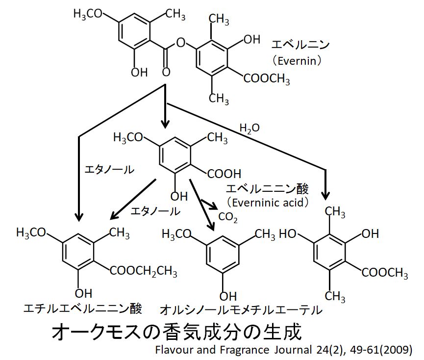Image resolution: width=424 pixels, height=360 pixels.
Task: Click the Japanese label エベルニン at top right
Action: click(300, 45)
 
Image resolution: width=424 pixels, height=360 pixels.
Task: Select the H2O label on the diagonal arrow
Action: click(249, 129)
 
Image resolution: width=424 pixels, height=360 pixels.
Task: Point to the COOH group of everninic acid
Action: click(224, 173)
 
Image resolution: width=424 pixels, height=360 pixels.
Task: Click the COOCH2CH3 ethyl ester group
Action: click(143, 271)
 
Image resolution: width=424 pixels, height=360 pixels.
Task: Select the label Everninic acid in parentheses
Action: click(267, 202)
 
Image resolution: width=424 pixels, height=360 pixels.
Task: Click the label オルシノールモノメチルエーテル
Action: click(241, 310)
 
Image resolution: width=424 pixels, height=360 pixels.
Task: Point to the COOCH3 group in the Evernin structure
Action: click(267, 79)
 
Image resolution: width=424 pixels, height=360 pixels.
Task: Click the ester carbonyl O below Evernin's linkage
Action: click(166, 73)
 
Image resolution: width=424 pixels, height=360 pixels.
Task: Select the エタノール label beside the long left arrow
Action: click(109, 170)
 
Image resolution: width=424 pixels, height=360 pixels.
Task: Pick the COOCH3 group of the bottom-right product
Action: click(385, 273)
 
